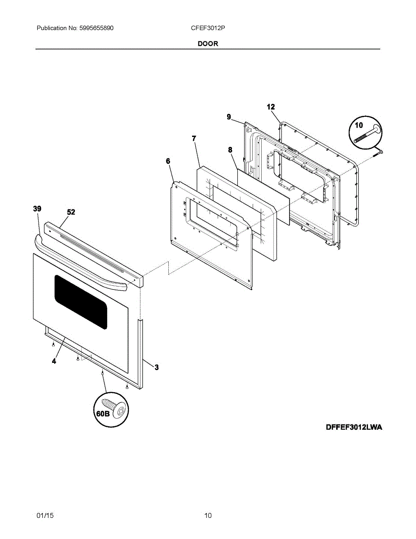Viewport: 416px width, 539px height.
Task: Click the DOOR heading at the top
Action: pyautogui.click(x=208, y=44)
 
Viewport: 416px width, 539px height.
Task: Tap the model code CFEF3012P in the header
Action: pyautogui.click(x=208, y=28)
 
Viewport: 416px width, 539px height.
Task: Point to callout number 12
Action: pyautogui.click(x=271, y=107)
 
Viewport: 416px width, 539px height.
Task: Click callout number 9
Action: pyautogui.click(x=229, y=117)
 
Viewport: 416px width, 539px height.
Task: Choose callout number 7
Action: pyautogui.click(x=194, y=138)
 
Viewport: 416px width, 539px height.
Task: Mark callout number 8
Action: pyautogui.click(x=230, y=150)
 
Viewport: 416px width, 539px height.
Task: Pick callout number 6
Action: pyautogui.click(x=168, y=161)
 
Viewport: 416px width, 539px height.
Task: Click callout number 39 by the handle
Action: pyautogui.click(x=37, y=208)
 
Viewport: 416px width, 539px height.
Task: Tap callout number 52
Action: pyautogui.click(x=71, y=212)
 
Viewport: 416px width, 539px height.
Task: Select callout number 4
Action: pyautogui.click(x=54, y=361)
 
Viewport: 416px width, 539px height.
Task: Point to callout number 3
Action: pyautogui.click(x=157, y=367)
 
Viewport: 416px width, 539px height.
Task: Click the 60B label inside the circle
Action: pyautogui.click(x=103, y=414)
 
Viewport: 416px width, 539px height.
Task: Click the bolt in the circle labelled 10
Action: pyautogui.click(x=366, y=134)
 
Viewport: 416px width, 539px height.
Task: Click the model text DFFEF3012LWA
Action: pyautogui.click(x=354, y=427)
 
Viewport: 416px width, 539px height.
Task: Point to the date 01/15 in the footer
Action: pyautogui.click(x=45, y=516)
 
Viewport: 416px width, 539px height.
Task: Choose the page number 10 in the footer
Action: pyautogui.click(x=208, y=516)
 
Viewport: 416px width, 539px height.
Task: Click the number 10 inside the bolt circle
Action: pyautogui.click(x=359, y=125)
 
